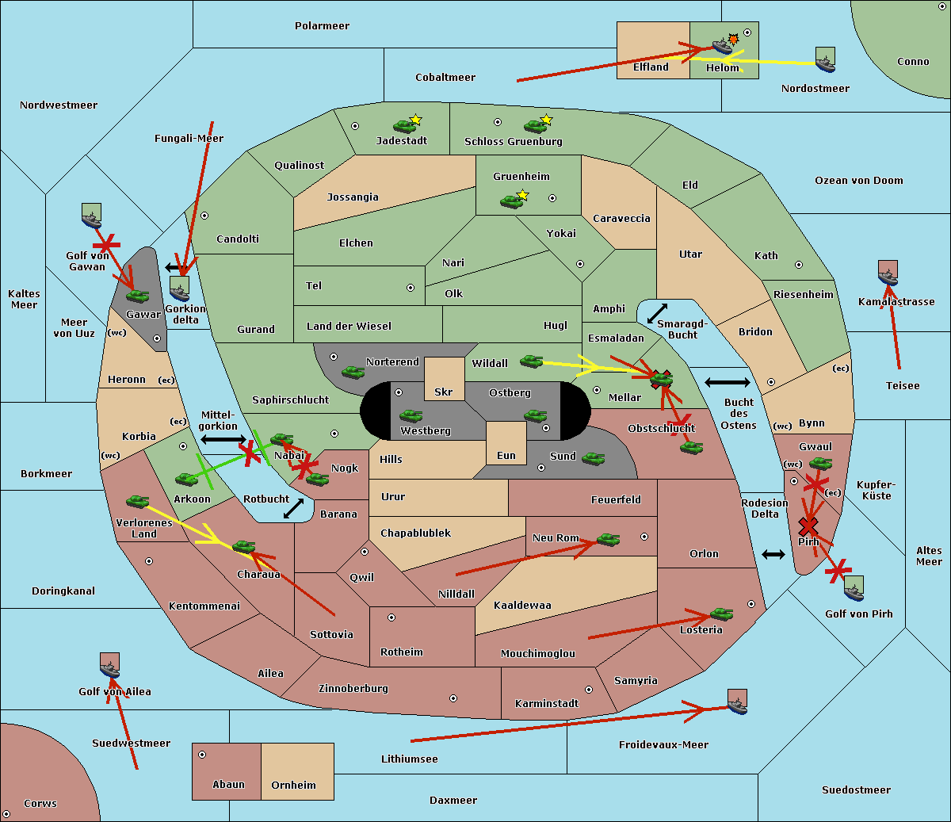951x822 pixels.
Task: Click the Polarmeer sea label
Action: (x=322, y=26)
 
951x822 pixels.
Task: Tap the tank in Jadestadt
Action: (x=404, y=126)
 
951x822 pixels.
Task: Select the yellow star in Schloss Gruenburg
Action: (x=547, y=120)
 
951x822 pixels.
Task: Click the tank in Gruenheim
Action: (x=512, y=201)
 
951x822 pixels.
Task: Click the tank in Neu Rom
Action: (x=608, y=539)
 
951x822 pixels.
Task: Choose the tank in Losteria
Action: (x=721, y=614)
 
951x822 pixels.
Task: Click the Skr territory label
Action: (x=444, y=392)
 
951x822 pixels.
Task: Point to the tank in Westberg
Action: (x=411, y=415)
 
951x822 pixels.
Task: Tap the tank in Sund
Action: (x=593, y=458)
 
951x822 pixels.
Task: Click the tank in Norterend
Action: (x=353, y=372)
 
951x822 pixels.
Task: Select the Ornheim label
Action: (x=293, y=785)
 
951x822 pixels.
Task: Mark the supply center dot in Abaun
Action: (x=202, y=755)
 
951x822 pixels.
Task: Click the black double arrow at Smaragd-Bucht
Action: (x=657, y=313)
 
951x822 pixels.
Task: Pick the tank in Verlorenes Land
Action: (x=138, y=501)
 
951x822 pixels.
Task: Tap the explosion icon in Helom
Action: (x=733, y=39)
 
